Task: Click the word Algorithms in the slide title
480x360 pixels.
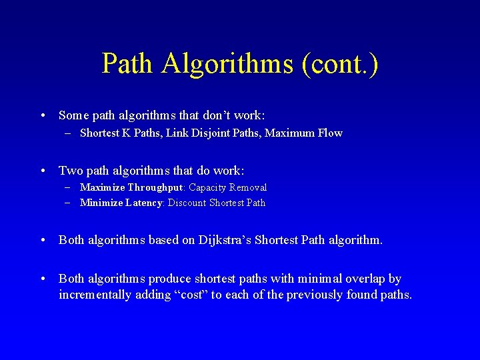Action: tap(227, 65)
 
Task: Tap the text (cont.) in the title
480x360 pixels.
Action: tap(340, 65)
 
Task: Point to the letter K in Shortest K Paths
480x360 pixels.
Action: tap(125, 133)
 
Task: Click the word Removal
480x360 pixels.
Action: tap(248, 188)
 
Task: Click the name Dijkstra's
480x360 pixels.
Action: tap(225, 240)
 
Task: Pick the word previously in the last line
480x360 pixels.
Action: tap(315, 295)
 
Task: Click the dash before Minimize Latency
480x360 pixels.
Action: tap(69, 203)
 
